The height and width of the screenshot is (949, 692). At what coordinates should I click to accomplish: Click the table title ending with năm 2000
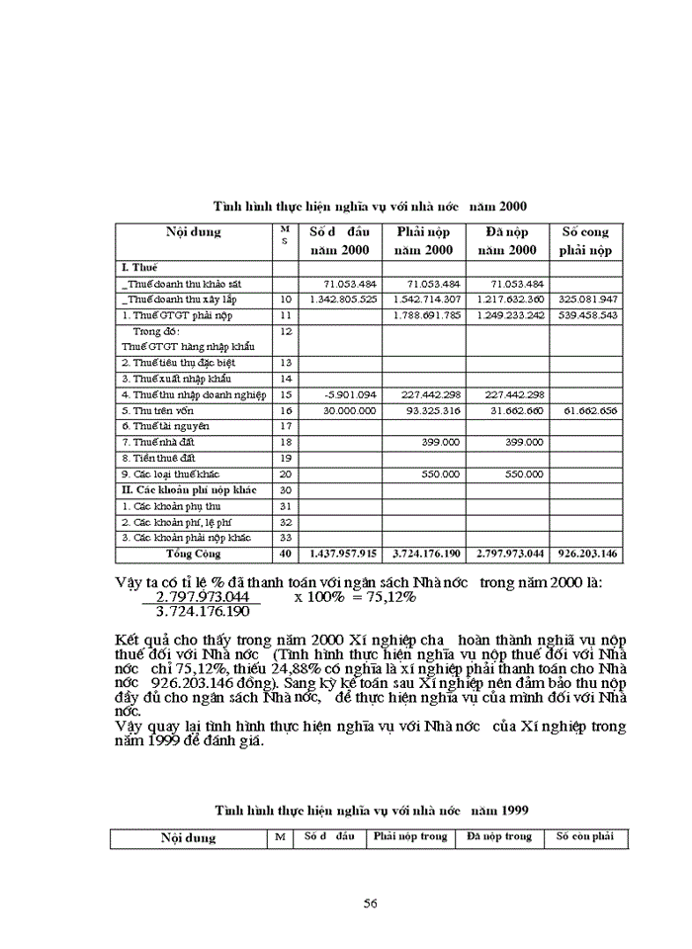(371, 206)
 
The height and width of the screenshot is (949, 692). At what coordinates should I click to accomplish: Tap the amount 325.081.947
(587, 299)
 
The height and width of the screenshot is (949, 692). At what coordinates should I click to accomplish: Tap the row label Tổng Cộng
(194, 554)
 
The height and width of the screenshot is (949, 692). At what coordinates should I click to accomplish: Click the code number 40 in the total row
(286, 554)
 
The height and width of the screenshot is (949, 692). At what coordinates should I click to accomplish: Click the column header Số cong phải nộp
(586, 241)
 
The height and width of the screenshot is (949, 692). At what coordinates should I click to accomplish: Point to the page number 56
(371, 903)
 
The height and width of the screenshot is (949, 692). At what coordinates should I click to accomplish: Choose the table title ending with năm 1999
(371, 809)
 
